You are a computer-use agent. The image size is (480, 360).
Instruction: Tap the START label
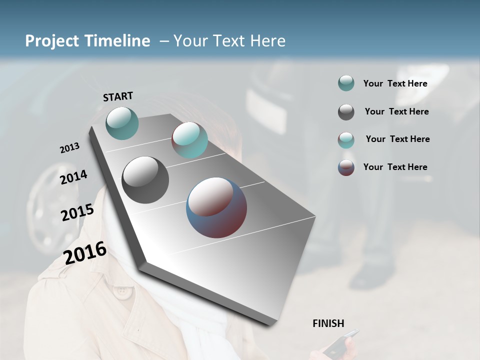[118, 96]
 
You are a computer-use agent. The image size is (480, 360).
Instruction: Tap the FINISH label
[328, 323]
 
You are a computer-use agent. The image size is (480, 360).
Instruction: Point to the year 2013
[69, 148]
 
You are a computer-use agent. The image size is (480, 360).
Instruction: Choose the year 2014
[73, 177]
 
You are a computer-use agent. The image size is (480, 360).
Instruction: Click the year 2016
[85, 253]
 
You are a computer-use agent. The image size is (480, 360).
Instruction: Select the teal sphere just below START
[122, 123]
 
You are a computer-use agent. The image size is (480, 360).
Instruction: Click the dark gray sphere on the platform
[145, 180]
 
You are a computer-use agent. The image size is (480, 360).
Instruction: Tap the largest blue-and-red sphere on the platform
[216, 207]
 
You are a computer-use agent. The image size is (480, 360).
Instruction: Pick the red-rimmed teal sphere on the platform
[189, 140]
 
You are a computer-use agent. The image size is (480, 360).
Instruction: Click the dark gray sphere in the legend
[346, 112]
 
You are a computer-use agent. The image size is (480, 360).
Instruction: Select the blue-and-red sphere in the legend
[346, 167]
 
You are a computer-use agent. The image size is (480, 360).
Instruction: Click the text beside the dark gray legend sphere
[396, 111]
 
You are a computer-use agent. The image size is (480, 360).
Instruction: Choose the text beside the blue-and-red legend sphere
[395, 167]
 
